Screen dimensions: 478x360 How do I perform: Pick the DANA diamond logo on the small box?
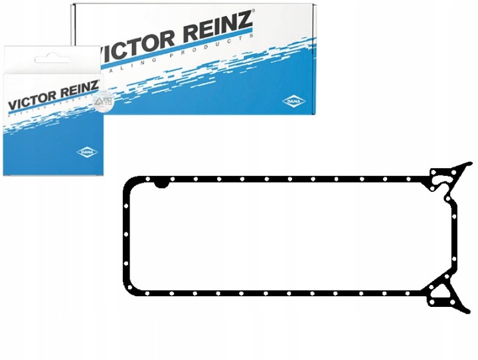pos(88,152)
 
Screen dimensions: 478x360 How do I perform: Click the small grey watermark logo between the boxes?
pos(101,101)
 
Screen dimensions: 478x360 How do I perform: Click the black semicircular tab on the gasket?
pos(161,181)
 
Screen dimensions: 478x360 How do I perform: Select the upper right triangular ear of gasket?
pos(445,177)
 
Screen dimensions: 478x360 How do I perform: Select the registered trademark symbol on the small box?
pos(100,81)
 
